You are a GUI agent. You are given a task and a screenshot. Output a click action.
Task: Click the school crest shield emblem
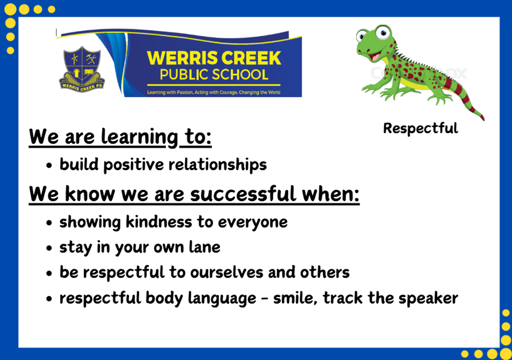point(82,69)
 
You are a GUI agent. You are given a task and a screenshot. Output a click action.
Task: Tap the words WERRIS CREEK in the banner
point(214,58)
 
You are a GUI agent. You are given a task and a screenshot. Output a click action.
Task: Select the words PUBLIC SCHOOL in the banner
point(214,75)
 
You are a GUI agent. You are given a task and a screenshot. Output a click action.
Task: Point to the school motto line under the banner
point(214,92)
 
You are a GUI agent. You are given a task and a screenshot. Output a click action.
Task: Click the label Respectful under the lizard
point(421,128)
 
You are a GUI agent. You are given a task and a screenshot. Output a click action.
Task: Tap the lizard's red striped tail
point(464,98)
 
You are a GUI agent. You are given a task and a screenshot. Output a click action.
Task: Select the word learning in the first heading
point(140,137)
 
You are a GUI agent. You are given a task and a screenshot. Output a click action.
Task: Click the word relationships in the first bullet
point(218,165)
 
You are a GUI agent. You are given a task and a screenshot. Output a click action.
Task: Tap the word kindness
point(159,222)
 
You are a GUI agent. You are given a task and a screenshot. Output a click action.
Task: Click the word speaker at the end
point(428,299)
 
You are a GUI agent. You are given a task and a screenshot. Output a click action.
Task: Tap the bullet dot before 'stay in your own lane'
point(49,248)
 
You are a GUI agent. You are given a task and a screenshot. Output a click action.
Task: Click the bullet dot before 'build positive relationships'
point(49,165)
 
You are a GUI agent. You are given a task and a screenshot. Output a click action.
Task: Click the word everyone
point(253,223)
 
